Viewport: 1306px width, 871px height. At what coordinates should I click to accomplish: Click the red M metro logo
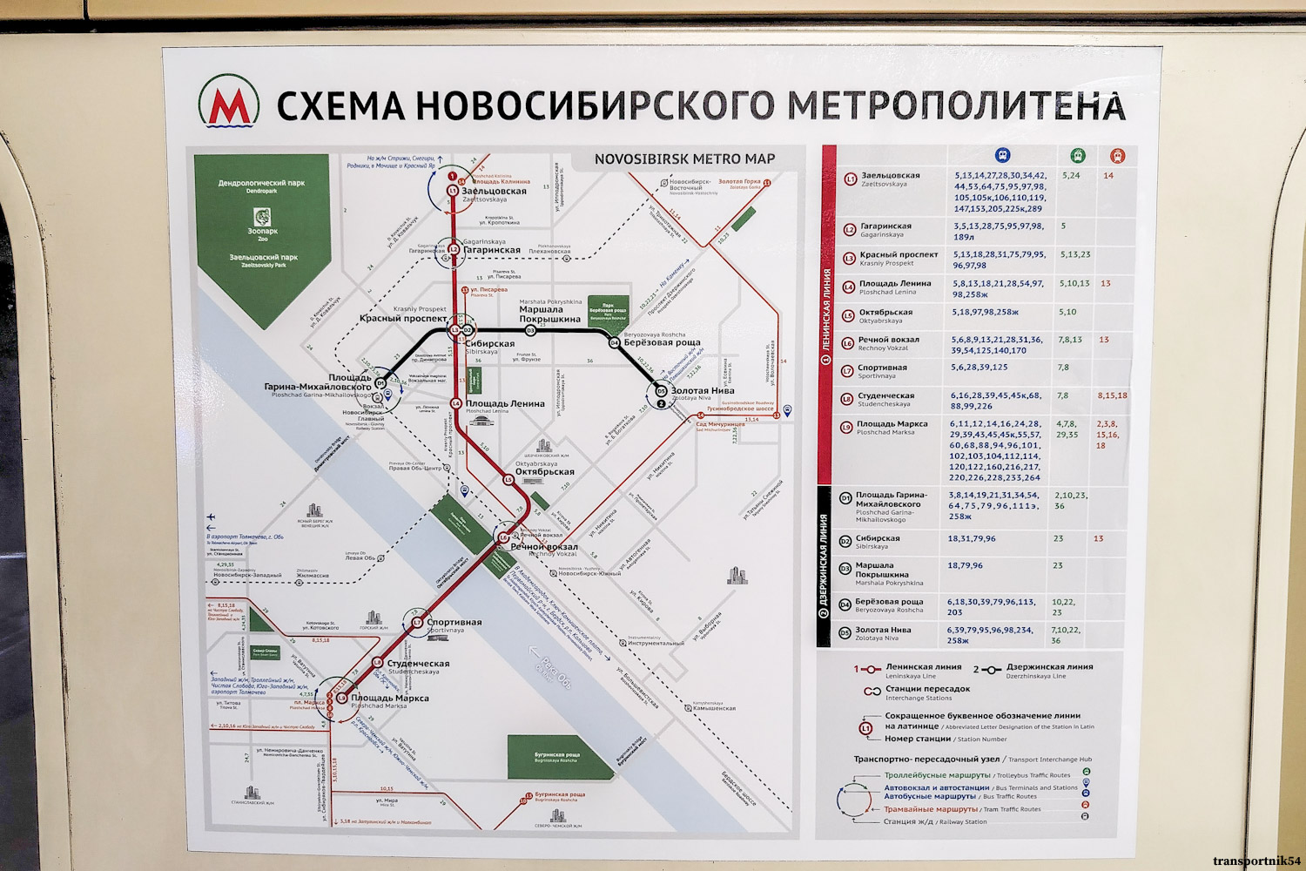[x=229, y=103]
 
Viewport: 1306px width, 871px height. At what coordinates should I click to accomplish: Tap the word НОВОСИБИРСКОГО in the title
[x=594, y=105]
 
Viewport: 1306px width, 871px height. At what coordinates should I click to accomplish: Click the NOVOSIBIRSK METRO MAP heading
[x=684, y=159]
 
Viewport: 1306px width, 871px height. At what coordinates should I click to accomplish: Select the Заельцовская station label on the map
[x=494, y=191]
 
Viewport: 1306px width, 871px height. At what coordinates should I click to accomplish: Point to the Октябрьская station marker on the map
[x=508, y=479]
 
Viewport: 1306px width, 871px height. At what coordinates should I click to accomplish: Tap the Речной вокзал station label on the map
[x=543, y=547]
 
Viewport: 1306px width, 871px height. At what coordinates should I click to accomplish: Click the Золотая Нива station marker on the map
[x=661, y=391]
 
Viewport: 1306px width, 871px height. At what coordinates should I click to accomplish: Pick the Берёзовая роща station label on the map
[x=662, y=342]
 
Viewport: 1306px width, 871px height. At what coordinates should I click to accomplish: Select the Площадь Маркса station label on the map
[x=389, y=698]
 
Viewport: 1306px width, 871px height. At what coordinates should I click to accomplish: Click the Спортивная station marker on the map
[x=417, y=622]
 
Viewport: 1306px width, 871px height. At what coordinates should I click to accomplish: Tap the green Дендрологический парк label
[x=261, y=183]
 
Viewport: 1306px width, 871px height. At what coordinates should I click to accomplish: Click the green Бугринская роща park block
[x=556, y=755]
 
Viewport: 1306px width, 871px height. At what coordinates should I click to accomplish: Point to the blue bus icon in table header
[x=1003, y=156]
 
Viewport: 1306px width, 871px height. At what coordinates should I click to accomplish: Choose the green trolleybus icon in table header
[x=1077, y=156]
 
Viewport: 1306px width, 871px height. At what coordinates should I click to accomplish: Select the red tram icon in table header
[x=1118, y=156]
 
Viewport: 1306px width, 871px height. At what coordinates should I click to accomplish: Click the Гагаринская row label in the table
[x=885, y=226]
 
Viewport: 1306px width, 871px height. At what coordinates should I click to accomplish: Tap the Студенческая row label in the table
[x=892, y=396]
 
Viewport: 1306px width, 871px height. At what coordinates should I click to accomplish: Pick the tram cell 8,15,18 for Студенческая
[x=1112, y=395]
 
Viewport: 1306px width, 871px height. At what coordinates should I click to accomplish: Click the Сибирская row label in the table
[x=878, y=538]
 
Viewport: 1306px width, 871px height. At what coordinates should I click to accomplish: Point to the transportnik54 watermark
[x=1256, y=861]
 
